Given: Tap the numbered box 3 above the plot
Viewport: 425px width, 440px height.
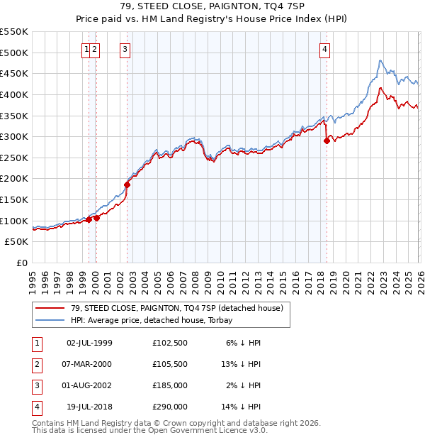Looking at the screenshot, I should (125, 49).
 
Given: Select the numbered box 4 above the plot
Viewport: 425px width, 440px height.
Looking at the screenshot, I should (324, 49).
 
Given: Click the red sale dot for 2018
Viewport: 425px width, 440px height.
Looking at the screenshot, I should (327, 141).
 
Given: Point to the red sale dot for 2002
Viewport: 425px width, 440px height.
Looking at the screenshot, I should (127, 185).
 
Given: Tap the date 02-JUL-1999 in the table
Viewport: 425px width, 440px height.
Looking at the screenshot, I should (89, 343).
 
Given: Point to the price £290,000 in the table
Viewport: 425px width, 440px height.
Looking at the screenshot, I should (170, 407).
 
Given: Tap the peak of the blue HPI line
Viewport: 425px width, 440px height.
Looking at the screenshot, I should (380, 60).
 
